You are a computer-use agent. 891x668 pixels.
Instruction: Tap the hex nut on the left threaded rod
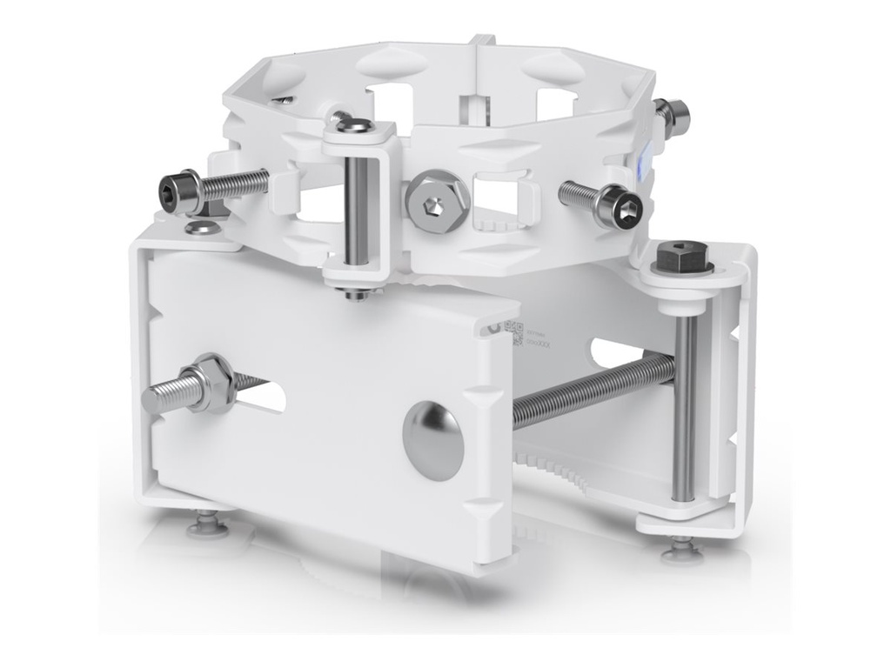tap(209, 384)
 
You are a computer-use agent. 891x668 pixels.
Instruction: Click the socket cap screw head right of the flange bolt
tap(624, 209)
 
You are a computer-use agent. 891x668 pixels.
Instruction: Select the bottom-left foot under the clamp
tap(207, 524)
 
